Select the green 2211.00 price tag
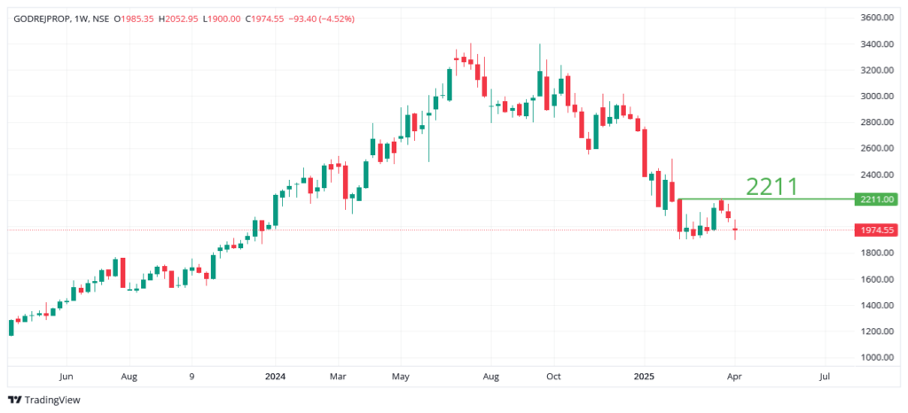(875, 199)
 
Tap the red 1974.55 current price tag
(875, 230)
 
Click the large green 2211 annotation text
(771, 186)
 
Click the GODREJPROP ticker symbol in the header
(43, 18)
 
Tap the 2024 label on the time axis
(274, 376)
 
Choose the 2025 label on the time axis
(646, 376)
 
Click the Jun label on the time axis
(65, 376)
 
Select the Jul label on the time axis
(824, 376)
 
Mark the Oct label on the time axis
(552, 376)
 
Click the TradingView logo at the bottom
(43, 400)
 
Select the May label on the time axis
(400, 376)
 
